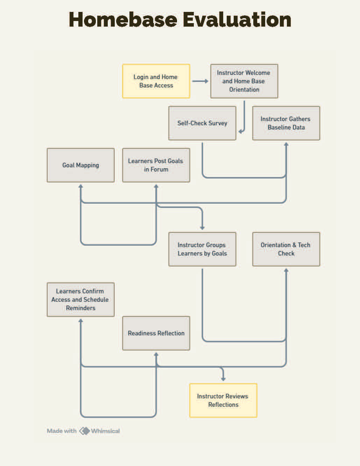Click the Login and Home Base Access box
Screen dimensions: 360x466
[156, 81]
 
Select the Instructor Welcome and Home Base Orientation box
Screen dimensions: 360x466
[244, 81]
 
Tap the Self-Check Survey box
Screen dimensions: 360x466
[202, 123]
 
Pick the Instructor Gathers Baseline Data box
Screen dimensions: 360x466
[286, 123]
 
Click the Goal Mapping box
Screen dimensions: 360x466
[80, 165]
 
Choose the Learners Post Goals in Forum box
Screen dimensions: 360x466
[156, 165]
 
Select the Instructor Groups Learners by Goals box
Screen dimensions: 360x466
[202, 249]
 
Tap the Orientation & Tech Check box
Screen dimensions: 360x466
[286, 249]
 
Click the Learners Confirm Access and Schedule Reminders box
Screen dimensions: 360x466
[80, 300]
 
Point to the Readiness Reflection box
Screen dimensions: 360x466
[156, 333]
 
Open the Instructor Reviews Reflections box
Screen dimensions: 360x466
[223, 401]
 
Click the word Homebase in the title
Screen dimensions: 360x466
[123, 20]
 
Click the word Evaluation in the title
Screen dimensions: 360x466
[237, 20]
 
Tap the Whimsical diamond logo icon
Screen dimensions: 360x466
[84, 431]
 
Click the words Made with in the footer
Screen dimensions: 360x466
[62, 431]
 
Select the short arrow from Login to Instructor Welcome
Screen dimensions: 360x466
[200, 81]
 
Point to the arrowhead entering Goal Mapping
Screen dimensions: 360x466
[80, 186]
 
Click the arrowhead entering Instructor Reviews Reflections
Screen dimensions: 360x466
[223, 380]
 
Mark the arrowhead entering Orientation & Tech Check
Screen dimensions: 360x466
[286, 270]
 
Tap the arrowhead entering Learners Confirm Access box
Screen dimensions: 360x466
[80, 321]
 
